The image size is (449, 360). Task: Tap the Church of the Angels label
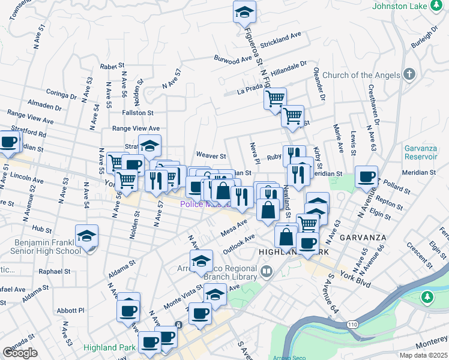click(x=361, y=75)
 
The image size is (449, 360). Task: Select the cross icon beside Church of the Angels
click(x=409, y=75)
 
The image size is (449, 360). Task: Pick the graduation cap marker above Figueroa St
click(x=244, y=11)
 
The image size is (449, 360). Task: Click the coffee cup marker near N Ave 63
click(x=366, y=176)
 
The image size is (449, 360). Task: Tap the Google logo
click(x=20, y=352)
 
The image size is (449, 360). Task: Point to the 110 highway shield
click(x=352, y=324)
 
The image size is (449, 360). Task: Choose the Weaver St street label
click(x=210, y=155)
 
